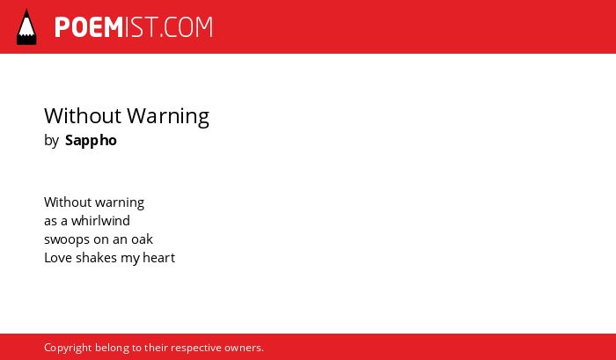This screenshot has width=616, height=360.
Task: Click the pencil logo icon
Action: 26,27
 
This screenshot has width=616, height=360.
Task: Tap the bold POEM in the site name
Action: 89,27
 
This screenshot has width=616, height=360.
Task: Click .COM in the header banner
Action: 187,27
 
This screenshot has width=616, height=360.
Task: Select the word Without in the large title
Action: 83,116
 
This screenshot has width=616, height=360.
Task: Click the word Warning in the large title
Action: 168,117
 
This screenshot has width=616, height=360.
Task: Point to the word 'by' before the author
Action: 51,141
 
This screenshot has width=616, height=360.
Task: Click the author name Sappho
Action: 91,141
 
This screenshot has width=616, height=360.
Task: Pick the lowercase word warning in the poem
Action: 120,202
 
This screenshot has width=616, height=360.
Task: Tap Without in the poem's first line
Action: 68,202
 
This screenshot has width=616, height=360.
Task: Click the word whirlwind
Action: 100,220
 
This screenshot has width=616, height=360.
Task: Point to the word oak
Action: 142,239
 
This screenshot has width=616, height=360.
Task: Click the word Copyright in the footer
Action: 68,349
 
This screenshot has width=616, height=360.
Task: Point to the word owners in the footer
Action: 244,349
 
